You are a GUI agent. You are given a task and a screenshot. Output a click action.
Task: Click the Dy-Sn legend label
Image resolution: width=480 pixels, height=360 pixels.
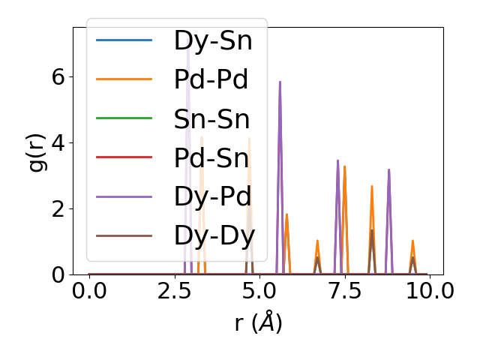point(213,40)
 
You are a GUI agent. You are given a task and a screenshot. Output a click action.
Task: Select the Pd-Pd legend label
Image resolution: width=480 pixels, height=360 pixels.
point(211,79)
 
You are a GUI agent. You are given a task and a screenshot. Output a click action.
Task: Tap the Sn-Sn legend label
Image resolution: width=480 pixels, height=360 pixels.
point(212,118)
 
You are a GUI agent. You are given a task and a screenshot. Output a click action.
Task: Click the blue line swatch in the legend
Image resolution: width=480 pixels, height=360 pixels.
point(124,40)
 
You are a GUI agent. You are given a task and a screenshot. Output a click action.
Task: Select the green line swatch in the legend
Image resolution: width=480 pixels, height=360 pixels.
point(124,118)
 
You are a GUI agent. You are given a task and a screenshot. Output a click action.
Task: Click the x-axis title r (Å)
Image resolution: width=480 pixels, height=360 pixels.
point(258,323)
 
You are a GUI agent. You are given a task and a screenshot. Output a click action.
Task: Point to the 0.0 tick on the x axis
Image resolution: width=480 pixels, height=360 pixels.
point(89,291)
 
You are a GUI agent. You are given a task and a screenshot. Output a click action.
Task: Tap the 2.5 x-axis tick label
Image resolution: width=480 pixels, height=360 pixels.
point(174,291)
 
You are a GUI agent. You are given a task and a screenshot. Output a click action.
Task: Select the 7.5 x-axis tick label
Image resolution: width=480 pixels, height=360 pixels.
point(344,291)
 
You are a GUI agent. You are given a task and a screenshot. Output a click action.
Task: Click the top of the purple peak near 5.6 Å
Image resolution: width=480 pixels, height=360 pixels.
point(280,82)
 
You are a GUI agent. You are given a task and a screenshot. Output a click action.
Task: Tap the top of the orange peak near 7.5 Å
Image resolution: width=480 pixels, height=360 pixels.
point(344,166)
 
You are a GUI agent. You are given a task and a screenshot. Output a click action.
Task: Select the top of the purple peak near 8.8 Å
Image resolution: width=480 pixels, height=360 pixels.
point(388,169)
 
